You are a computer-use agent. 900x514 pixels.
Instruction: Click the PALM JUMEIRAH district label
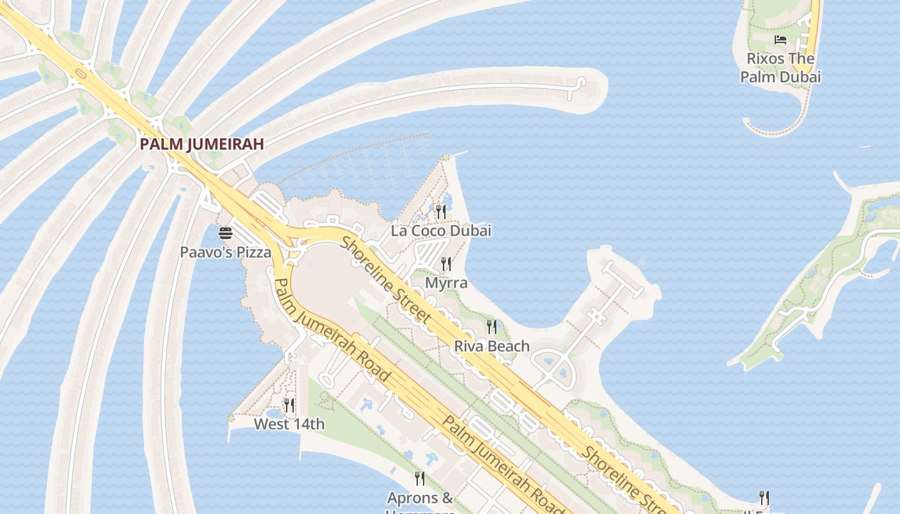(202, 144)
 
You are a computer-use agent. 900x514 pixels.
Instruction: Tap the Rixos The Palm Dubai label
(780, 67)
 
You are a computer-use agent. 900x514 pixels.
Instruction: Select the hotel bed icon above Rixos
(780, 40)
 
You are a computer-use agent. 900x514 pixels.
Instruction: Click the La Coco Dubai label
(441, 231)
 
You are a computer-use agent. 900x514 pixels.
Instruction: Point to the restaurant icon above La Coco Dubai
(440, 211)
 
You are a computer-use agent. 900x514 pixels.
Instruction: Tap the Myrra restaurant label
(446, 283)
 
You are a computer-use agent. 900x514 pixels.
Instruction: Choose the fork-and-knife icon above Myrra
(446, 263)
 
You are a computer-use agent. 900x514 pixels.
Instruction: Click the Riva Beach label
(492, 346)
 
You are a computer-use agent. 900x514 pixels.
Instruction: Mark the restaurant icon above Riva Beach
(492, 327)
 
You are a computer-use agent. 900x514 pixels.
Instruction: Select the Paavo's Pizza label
(225, 253)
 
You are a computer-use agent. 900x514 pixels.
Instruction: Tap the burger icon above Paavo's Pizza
(225, 233)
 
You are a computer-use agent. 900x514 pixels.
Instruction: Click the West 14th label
(289, 424)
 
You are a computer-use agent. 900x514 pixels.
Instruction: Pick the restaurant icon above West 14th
(289, 405)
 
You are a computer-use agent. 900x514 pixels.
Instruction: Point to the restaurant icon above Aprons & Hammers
(420, 478)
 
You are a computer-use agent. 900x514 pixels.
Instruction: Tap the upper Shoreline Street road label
(386, 279)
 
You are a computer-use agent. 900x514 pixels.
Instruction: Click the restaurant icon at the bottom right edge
(764, 498)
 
